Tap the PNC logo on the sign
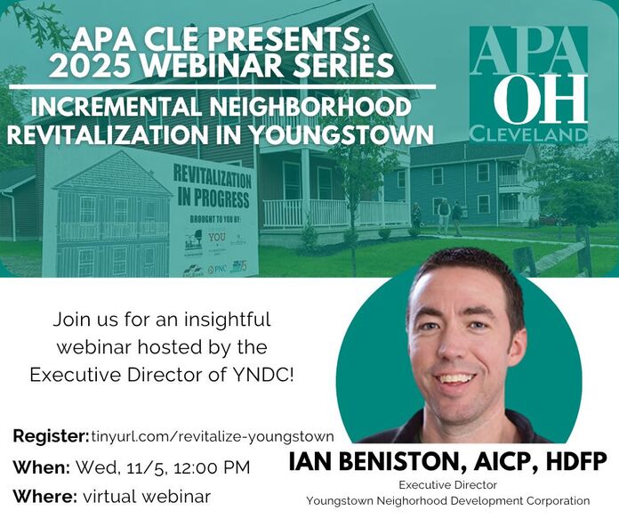[x=215, y=268]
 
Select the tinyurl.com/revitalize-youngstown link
[x=213, y=436]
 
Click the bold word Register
[x=50, y=436]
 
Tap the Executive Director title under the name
[x=447, y=485]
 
